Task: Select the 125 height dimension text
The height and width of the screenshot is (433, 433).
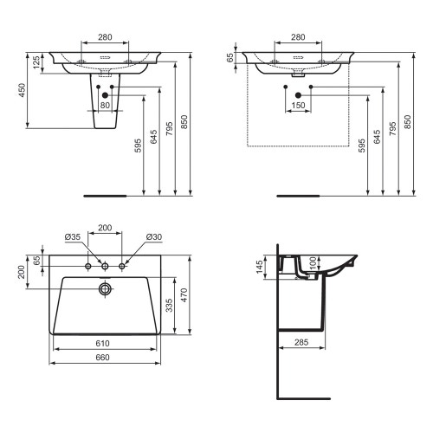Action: point(37,65)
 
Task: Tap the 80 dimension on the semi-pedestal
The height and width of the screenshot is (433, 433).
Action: point(105,106)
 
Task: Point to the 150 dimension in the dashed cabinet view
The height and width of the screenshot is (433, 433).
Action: point(299,106)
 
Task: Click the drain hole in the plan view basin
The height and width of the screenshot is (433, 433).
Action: point(106,288)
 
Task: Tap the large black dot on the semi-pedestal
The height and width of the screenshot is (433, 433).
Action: point(105,95)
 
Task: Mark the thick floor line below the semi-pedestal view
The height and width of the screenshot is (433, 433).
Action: point(105,196)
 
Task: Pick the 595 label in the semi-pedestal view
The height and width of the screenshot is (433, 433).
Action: point(139,146)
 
